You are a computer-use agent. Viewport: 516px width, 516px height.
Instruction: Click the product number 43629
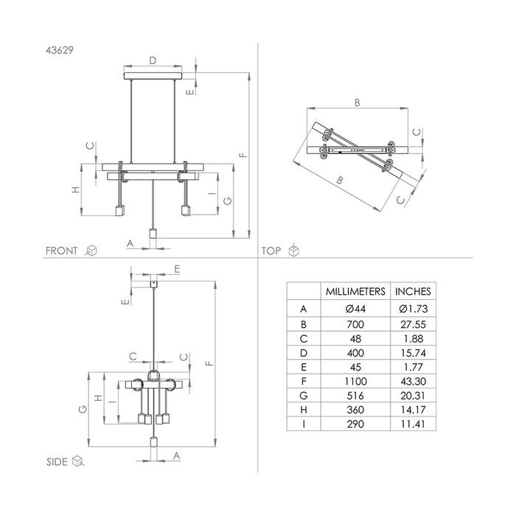[x=60, y=50]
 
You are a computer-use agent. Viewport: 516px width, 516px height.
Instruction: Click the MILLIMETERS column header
[x=355, y=292]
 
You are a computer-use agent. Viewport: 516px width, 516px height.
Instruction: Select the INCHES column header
[x=413, y=292]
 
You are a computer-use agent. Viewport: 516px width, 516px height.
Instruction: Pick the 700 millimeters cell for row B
[x=355, y=324]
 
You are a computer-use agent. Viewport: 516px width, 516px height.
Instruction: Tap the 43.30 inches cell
[x=414, y=381]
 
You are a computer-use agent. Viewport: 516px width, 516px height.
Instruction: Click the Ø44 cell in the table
[x=355, y=309]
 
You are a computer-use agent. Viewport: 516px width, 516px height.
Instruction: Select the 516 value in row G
[x=355, y=396]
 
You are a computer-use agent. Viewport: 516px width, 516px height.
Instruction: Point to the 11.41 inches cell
[x=414, y=424]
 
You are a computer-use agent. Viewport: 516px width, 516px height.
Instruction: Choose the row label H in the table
[x=304, y=410]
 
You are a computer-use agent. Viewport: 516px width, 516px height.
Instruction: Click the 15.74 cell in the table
[x=414, y=353]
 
